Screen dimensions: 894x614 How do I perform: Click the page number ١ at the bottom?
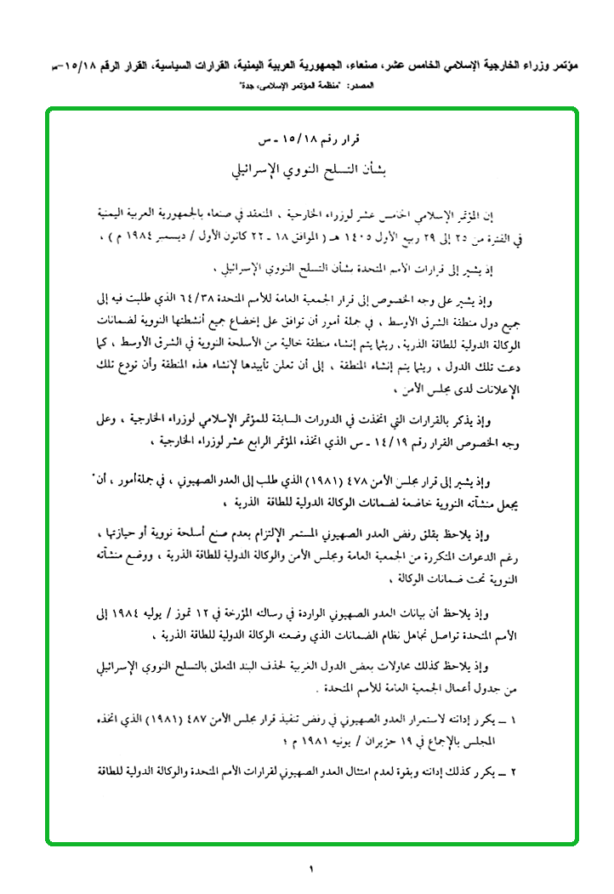click(311, 868)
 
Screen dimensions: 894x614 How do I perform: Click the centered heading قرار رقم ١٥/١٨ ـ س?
click(310, 139)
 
